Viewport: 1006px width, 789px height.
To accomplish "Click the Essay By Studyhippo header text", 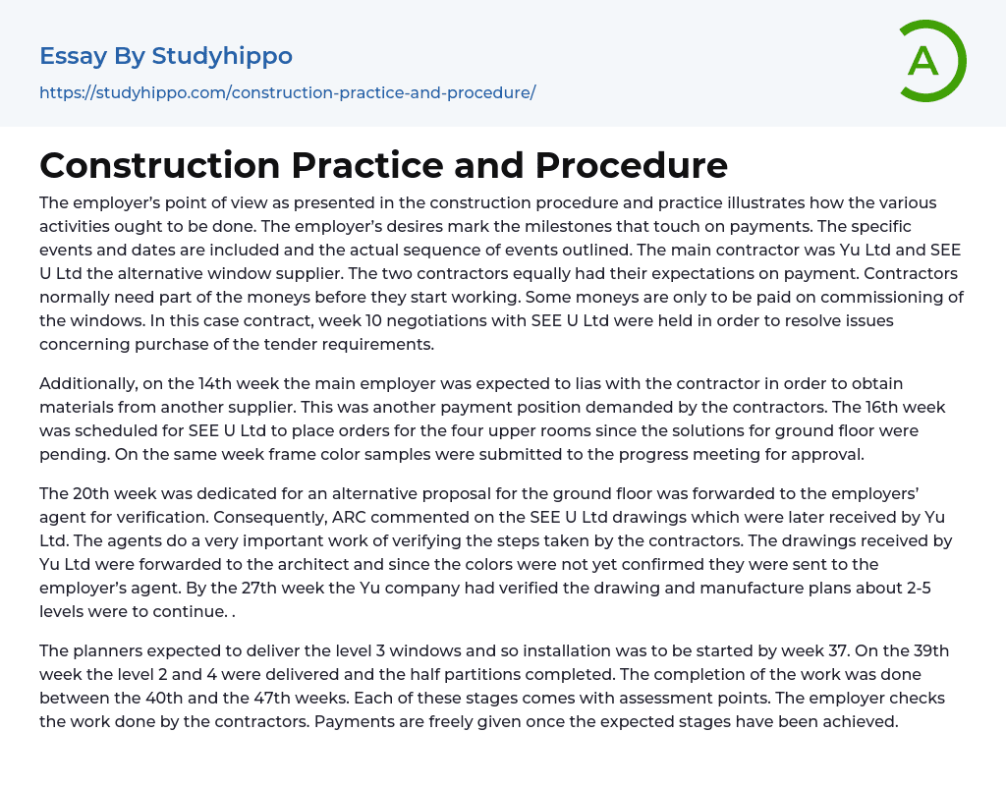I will (x=166, y=56).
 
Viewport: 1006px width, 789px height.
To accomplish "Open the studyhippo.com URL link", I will (x=287, y=92).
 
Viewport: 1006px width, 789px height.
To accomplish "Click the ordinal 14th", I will (x=216, y=383).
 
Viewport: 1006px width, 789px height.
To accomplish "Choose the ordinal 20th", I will (x=90, y=493).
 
